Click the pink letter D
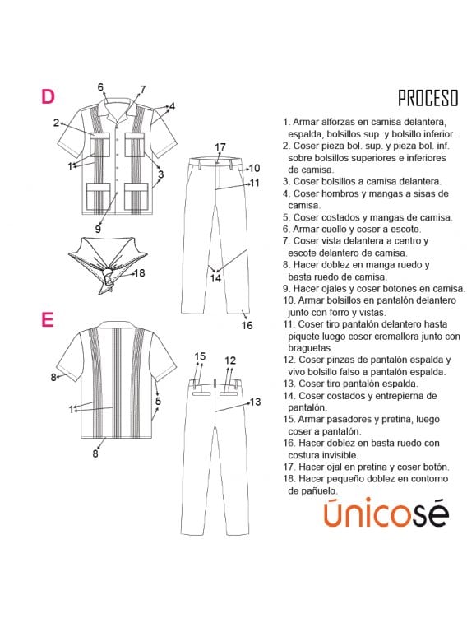pos(48,96)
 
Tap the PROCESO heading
pos(428,98)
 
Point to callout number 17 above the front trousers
pos(220,147)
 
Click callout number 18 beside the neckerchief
pos(140,273)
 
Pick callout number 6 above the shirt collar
pos(101,87)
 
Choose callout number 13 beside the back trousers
pos(255,402)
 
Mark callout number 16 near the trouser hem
pos(247,325)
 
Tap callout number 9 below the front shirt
pos(97,229)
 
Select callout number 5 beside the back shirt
pos(158,402)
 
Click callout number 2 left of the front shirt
pos(58,123)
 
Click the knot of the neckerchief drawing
pos(105,276)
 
